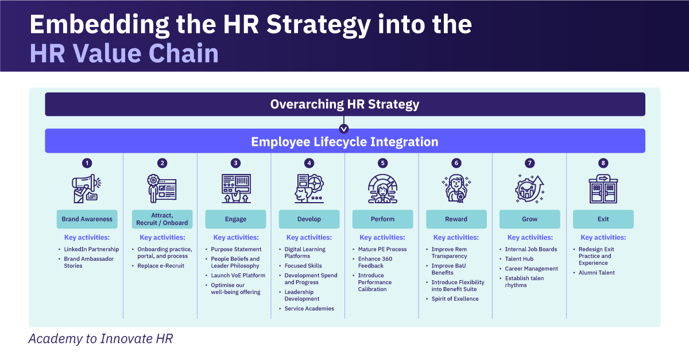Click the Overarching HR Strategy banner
344,104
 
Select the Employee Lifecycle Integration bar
344,141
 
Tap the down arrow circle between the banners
344,129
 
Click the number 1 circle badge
87,163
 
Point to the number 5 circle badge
383,163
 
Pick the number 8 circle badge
603,163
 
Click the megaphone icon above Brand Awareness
87,189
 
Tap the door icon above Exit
603,189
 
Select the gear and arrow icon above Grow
529,188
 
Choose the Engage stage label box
235,219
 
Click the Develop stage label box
309,219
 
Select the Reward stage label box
456,219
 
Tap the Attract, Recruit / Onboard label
162,219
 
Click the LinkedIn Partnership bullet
91,249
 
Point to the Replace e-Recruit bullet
161,266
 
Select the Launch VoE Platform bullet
238,276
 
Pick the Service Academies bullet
309,309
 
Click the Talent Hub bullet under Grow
519,259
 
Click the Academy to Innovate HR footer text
100,339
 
